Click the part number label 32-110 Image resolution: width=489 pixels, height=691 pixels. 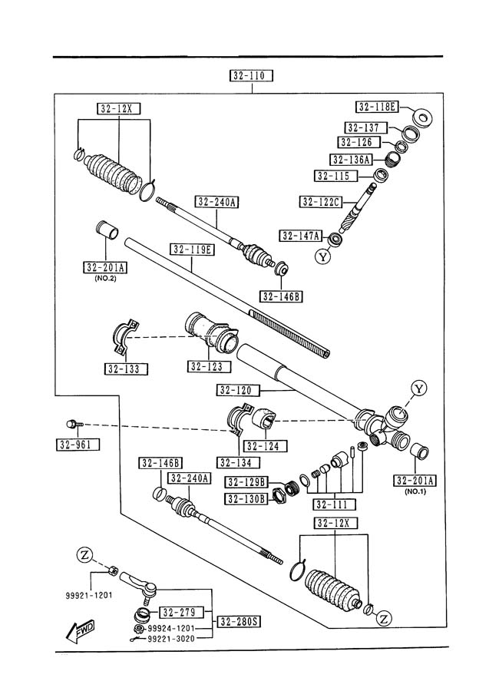(x=252, y=75)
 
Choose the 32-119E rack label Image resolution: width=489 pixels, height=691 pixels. (x=193, y=249)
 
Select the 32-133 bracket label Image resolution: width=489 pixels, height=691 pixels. (x=126, y=369)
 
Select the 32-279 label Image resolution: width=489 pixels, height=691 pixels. (x=181, y=612)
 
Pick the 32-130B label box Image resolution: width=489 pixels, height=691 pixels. (x=246, y=499)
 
